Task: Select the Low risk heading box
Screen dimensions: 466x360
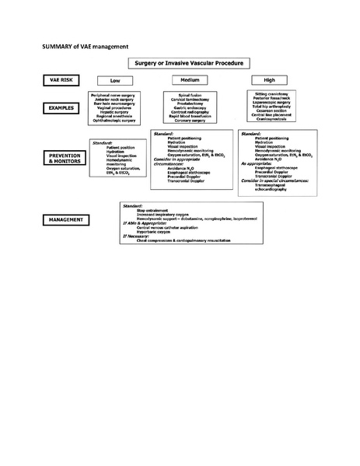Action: click(115, 80)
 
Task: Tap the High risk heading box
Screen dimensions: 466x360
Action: click(269, 80)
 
